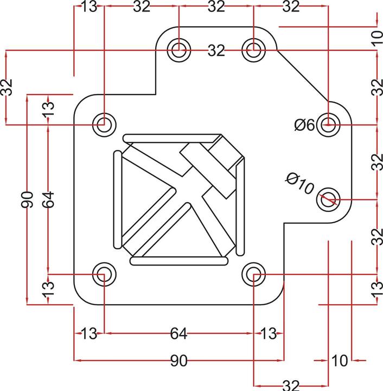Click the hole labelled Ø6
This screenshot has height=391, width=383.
tap(328, 124)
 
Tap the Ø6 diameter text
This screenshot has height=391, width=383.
tap(304, 125)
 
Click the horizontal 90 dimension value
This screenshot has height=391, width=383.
tap(179, 360)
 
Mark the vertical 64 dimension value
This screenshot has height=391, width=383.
tap(49, 199)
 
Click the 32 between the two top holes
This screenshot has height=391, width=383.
tap(216, 51)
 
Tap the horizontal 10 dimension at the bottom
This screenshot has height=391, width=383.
tap(340, 360)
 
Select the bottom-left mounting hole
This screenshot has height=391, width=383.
tap(103, 274)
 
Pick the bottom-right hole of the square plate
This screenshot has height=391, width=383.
tap(253, 274)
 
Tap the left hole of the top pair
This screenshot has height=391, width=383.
tap(178, 50)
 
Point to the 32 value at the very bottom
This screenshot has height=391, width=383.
tap(291, 385)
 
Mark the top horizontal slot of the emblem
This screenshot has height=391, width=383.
tap(171, 138)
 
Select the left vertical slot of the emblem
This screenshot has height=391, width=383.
tap(117, 199)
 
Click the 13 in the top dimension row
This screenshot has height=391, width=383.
tap(88, 7)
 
